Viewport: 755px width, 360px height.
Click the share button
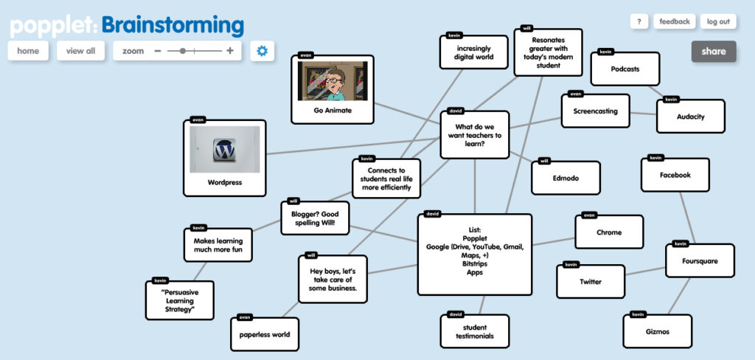(x=713, y=52)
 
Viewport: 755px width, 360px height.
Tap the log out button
(x=717, y=21)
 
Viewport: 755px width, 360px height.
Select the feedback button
(x=674, y=21)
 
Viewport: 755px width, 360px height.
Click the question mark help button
(x=639, y=21)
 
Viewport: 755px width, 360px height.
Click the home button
(x=28, y=51)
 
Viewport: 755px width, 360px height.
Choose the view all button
(x=80, y=51)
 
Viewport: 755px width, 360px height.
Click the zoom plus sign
(x=230, y=51)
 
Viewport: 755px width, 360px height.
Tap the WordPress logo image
(x=224, y=150)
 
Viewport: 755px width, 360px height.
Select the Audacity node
(x=690, y=117)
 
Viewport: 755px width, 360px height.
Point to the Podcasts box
(x=624, y=69)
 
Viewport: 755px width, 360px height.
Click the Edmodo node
(x=566, y=178)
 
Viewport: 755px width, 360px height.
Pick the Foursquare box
(x=700, y=261)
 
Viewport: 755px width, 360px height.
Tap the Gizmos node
(x=657, y=332)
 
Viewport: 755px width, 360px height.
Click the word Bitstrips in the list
(x=475, y=264)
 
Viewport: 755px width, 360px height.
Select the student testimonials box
(x=475, y=332)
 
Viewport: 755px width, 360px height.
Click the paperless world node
(x=264, y=334)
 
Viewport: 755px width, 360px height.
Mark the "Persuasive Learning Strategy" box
(x=179, y=301)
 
